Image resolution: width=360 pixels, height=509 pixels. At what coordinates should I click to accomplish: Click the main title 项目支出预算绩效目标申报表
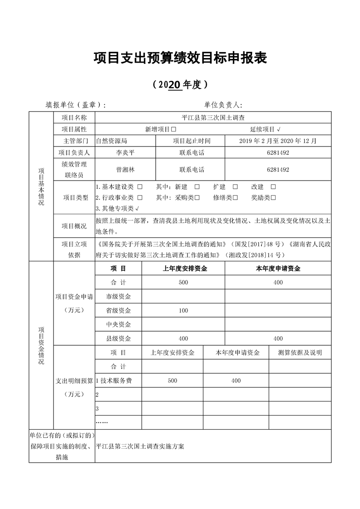click(180, 58)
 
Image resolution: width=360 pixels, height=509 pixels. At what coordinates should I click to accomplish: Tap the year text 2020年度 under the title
click(180, 84)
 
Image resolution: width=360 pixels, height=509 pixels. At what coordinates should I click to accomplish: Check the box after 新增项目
click(173, 129)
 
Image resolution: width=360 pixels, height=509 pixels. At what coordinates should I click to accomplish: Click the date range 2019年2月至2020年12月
click(278, 141)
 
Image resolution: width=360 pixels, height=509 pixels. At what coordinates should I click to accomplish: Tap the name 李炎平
click(125, 153)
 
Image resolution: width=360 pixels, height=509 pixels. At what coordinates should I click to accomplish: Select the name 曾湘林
click(125, 170)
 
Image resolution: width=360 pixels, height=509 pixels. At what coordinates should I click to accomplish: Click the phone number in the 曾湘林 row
click(278, 170)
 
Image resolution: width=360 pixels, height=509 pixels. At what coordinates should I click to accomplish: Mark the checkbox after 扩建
click(235, 187)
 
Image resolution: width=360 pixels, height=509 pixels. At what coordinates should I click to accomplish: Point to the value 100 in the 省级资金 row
click(183, 311)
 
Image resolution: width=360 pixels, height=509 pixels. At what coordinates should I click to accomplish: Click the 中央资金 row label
click(118, 324)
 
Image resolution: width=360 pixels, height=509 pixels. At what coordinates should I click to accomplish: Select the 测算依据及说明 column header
click(300, 352)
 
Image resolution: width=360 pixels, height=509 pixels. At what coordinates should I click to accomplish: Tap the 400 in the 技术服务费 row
click(236, 381)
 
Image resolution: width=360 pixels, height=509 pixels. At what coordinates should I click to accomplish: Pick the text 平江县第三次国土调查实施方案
click(140, 446)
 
